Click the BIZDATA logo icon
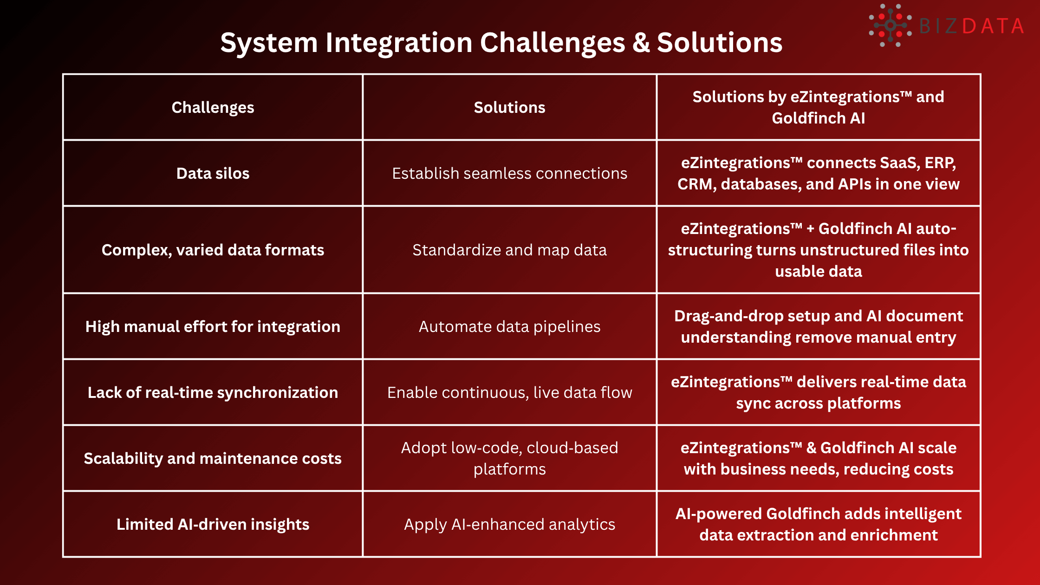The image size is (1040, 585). point(890,26)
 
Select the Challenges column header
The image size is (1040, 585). point(213,108)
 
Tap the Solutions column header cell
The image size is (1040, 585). point(509,108)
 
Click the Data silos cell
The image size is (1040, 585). point(213,174)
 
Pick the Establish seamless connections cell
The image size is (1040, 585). point(509,174)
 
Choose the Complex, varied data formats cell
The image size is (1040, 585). point(213,250)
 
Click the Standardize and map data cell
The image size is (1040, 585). point(509,250)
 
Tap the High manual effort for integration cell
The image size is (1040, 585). point(213,327)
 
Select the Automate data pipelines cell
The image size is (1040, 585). point(509,327)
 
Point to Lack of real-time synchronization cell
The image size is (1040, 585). point(213,393)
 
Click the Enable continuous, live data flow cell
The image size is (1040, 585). point(509,393)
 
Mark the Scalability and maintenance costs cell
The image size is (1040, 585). point(213,459)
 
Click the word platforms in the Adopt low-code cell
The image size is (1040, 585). point(509,469)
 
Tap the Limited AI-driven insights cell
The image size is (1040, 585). point(213,525)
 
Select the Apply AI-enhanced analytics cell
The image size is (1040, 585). point(509,525)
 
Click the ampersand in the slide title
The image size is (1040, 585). point(641,43)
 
